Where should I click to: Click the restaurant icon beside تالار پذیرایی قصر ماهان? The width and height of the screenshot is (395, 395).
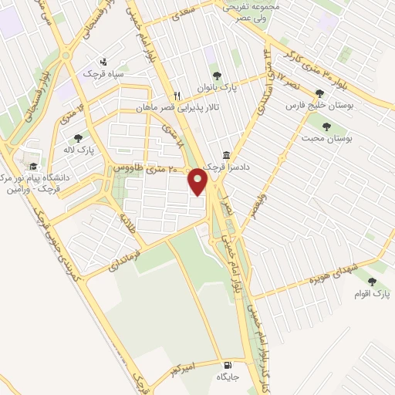pos(177,96)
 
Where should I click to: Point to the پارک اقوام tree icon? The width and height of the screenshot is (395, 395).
pos(373,282)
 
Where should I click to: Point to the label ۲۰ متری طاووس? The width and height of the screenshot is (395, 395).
pos(146,167)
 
